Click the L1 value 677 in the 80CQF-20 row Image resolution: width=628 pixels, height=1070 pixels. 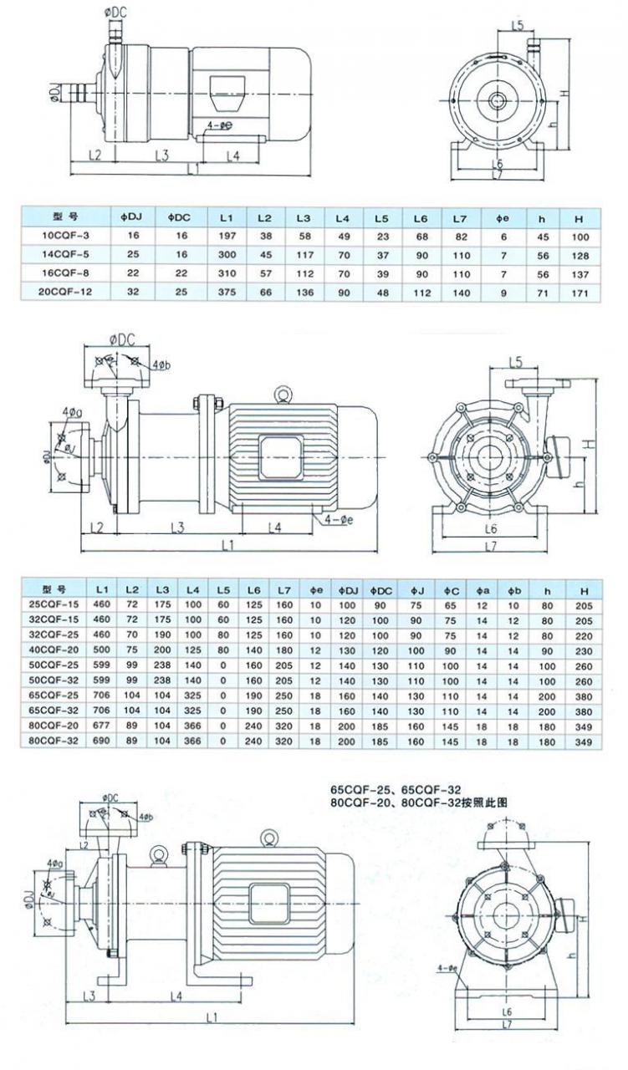tap(101, 727)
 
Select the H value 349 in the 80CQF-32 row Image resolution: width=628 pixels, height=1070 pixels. tap(583, 741)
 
